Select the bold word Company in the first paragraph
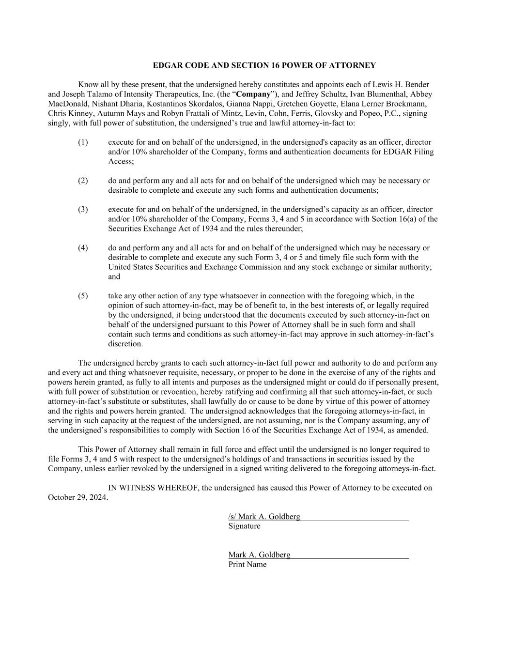coord(253,94)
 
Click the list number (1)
coord(83,142)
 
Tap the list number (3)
coord(83,209)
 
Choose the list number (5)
coord(83,295)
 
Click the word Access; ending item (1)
coord(121,161)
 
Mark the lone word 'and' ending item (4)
coord(114,277)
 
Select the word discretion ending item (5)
coord(125,344)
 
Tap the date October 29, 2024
coord(77,497)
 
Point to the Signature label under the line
coord(244,526)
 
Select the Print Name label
coord(247,564)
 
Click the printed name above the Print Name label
coord(259,555)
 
